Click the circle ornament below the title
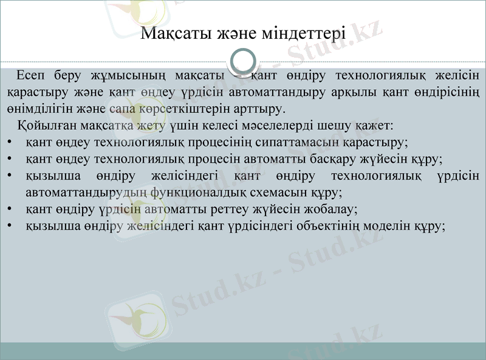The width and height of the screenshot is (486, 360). (x=243, y=62)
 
